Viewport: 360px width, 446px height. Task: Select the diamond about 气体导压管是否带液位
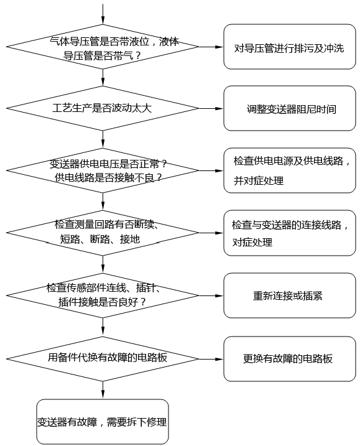click(103, 47)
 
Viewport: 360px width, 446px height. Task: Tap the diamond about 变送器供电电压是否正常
click(103, 170)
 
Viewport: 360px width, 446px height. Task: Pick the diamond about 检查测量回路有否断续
click(103, 232)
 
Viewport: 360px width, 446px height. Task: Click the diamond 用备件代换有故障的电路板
click(103, 358)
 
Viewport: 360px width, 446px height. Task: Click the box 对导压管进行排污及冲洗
click(288, 47)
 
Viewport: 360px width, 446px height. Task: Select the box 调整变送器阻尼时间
click(288, 108)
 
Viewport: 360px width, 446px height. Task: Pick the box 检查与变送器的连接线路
click(288, 233)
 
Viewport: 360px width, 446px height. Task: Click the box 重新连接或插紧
click(288, 295)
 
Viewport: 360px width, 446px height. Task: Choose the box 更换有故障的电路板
click(288, 359)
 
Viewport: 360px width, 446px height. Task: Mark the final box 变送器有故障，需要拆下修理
click(103, 422)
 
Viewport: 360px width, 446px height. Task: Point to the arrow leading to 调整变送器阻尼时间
click(211, 108)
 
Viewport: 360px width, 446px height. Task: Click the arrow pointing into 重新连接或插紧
click(211, 295)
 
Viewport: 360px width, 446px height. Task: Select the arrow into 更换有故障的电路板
click(211, 358)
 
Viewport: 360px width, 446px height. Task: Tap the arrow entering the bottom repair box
click(103, 389)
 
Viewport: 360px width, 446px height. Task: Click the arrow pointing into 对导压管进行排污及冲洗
click(211, 47)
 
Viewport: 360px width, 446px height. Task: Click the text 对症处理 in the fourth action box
click(252, 243)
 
